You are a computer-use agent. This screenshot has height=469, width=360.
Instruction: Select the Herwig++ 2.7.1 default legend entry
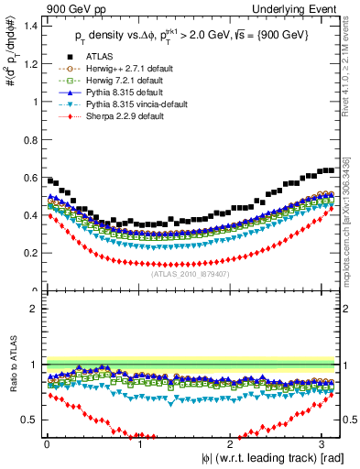119,92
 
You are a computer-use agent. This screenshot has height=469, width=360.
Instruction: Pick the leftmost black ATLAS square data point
49,180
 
